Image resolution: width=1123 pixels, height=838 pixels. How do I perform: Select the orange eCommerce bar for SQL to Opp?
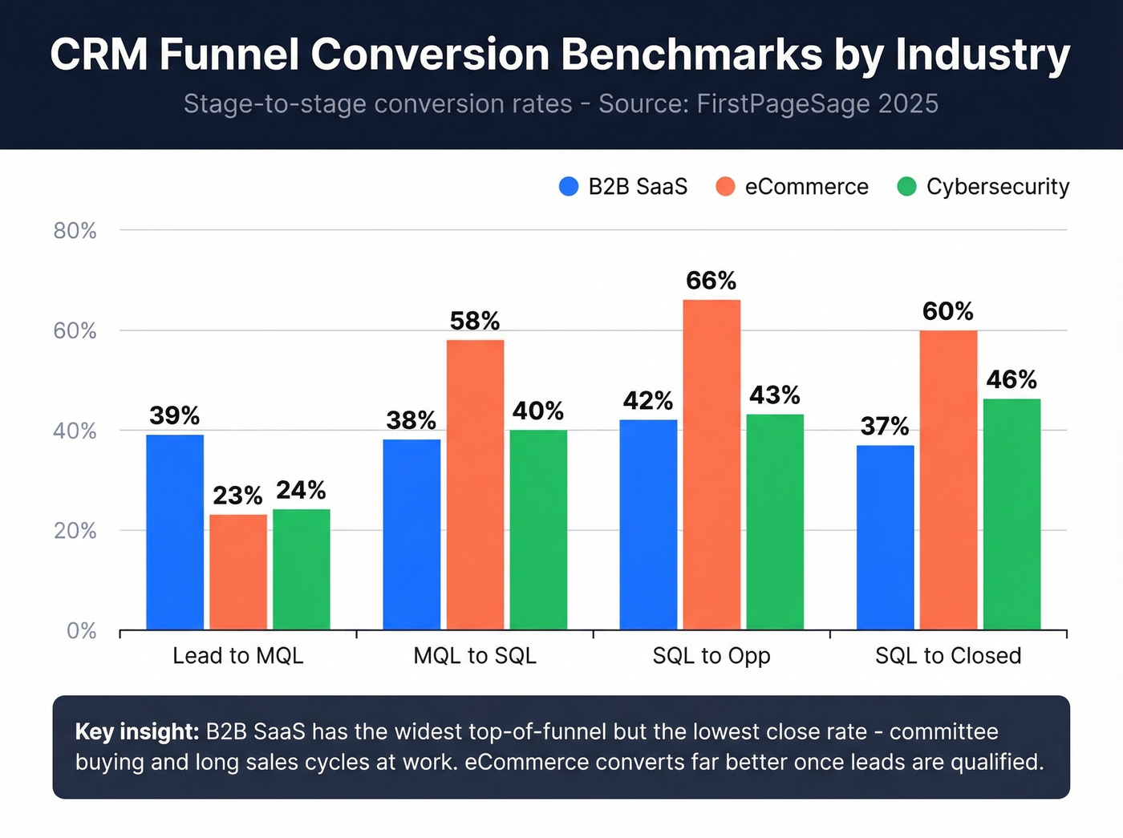(x=712, y=464)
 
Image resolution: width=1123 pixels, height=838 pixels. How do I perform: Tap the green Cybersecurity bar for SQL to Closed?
(x=1012, y=514)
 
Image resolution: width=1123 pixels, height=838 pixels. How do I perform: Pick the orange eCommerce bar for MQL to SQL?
(x=475, y=484)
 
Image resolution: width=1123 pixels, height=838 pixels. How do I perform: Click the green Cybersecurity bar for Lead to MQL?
(x=301, y=569)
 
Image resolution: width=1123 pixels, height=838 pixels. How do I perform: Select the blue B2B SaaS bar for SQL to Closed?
(x=885, y=537)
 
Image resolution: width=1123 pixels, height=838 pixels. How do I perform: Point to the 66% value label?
(x=711, y=281)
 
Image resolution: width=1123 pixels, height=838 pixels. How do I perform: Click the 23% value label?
(x=237, y=496)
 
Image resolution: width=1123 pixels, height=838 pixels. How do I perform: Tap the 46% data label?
(x=1012, y=379)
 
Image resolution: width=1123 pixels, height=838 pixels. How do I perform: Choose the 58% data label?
(x=475, y=322)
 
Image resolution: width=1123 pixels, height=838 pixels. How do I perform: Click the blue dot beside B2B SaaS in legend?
(x=569, y=187)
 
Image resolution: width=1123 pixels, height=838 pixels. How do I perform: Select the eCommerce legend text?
(x=806, y=187)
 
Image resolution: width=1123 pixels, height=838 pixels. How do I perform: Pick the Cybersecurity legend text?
(x=997, y=187)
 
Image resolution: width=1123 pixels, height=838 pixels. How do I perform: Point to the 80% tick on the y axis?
(x=75, y=231)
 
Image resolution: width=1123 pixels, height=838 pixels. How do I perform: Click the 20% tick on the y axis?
(x=75, y=531)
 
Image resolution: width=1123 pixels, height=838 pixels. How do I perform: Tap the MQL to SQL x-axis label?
(x=475, y=656)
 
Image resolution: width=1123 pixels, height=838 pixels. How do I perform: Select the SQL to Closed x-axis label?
(x=948, y=656)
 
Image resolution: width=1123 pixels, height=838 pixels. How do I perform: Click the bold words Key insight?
(x=136, y=731)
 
